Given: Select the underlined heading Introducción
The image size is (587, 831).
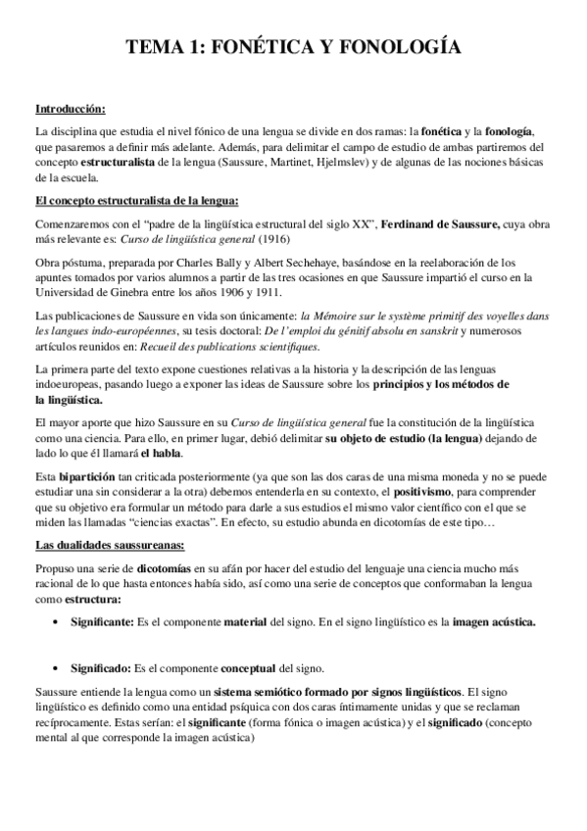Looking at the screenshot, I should click(x=70, y=108).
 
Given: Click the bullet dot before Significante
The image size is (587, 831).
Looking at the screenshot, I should click(x=52, y=622).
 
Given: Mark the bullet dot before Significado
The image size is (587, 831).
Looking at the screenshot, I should click(x=52, y=668).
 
